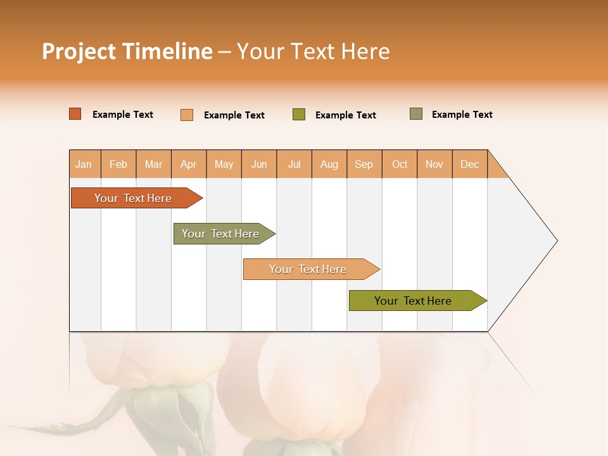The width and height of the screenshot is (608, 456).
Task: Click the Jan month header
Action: pyautogui.click(x=84, y=164)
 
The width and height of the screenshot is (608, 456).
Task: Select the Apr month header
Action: pyautogui.click(x=189, y=164)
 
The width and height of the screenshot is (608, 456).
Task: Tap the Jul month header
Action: pyautogui.click(x=294, y=164)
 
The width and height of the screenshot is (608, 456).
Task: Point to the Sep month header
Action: pyautogui.click(x=364, y=164)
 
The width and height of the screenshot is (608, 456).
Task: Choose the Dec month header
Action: pyautogui.click(x=469, y=164)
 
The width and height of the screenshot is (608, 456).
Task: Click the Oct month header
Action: pyautogui.click(x=400, y=164)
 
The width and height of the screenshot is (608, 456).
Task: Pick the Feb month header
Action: pyautogui.click(x=118, y=164)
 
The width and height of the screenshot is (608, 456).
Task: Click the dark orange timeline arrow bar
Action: pyautogui.click(x=134, y=198)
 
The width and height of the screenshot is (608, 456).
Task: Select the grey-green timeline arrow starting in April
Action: pyautogui.click(x=221, y=234)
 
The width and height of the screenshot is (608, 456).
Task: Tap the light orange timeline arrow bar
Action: pyautogui.click(x=308, y=269)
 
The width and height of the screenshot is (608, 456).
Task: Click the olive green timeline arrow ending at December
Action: pyautogui.click(x=414, y=301)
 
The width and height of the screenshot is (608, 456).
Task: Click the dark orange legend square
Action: pyautogui.click(x=75, y=114)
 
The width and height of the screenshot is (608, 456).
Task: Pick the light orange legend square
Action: pyautogui.click(x=187, y=115)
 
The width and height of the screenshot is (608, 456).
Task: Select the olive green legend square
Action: pyautogui.click(x=299, y=115)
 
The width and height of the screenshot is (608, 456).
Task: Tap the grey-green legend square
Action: pyautogui.click(x=415, y=114)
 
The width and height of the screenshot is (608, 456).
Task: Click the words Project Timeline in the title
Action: pyautogui.click(x=127, y=51)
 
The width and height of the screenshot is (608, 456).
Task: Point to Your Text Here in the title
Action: pyautogui.click(x=313, y=51)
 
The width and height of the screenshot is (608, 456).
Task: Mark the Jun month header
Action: pyautogui.click(x=259, y=164)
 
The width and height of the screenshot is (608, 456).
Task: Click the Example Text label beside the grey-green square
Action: pyautogui.click(x=462, y=115)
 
